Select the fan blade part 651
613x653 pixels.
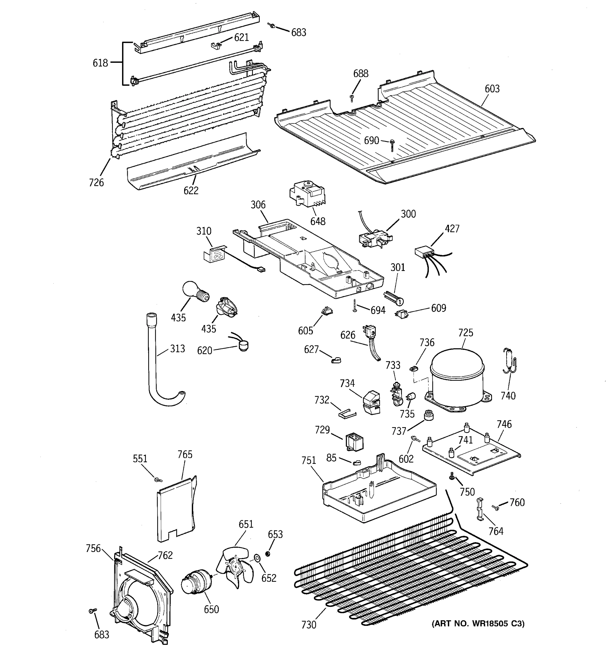click(235, 568)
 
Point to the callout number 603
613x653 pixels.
click(492, 89)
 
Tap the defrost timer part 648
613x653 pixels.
click(306, 195)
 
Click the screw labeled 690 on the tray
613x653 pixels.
click(392, 144)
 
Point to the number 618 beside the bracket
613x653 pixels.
click(100, 63)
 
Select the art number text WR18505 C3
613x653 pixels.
click(478, 623)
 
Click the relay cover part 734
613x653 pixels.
click(371, 402)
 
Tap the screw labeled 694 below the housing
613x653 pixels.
click(355, 305)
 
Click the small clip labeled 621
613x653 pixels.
click(216, 45)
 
